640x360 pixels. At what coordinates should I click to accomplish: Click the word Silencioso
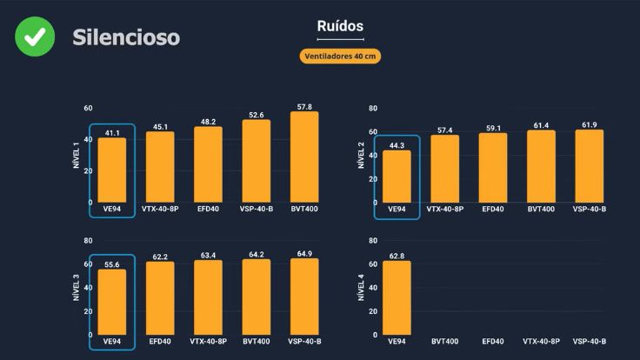(126, 37)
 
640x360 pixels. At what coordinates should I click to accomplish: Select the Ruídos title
(341, 26)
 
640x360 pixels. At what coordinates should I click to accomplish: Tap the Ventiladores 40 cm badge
(341, 57)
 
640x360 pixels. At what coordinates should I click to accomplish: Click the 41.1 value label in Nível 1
(112, 133)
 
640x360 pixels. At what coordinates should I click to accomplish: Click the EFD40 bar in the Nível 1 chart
(209, 165)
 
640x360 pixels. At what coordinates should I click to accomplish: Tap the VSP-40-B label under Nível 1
(257, 210)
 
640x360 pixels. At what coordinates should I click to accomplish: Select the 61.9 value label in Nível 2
(589, 125)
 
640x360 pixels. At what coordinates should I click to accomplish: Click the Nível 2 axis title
(360, 157)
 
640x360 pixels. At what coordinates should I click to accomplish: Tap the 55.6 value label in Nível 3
(112, 263)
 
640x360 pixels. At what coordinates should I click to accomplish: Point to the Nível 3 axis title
(77, 289)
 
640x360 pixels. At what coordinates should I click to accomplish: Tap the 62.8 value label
(397, 256)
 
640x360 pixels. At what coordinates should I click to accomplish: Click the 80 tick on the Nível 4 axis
(373, 240)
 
